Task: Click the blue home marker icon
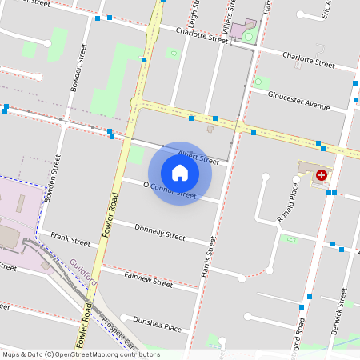pyautogui.click(x=180, y=173)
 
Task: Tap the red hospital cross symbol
pyautogui.click(x=322, y=174)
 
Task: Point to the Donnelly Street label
pyautogui.click(x=160, y=233)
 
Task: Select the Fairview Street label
pyautogui.click(x=149, y=279)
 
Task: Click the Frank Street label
pyautogui.click(x=70, y=238)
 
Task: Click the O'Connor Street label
pyautogui.click(x=169, y=190)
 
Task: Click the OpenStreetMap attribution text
pyautogui.click(x=81, y=354)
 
